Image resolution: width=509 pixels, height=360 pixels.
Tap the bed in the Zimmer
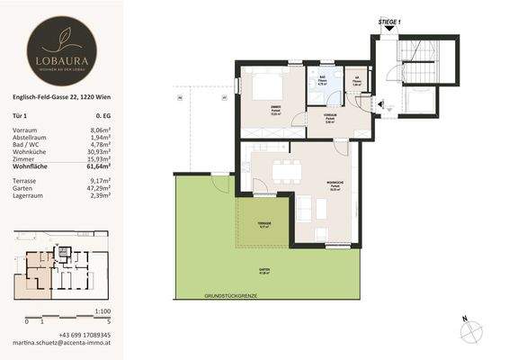pyautogui.click(x=268, y=88)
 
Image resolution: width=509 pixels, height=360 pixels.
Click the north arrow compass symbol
pyautogui.click(x=465, y=328)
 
